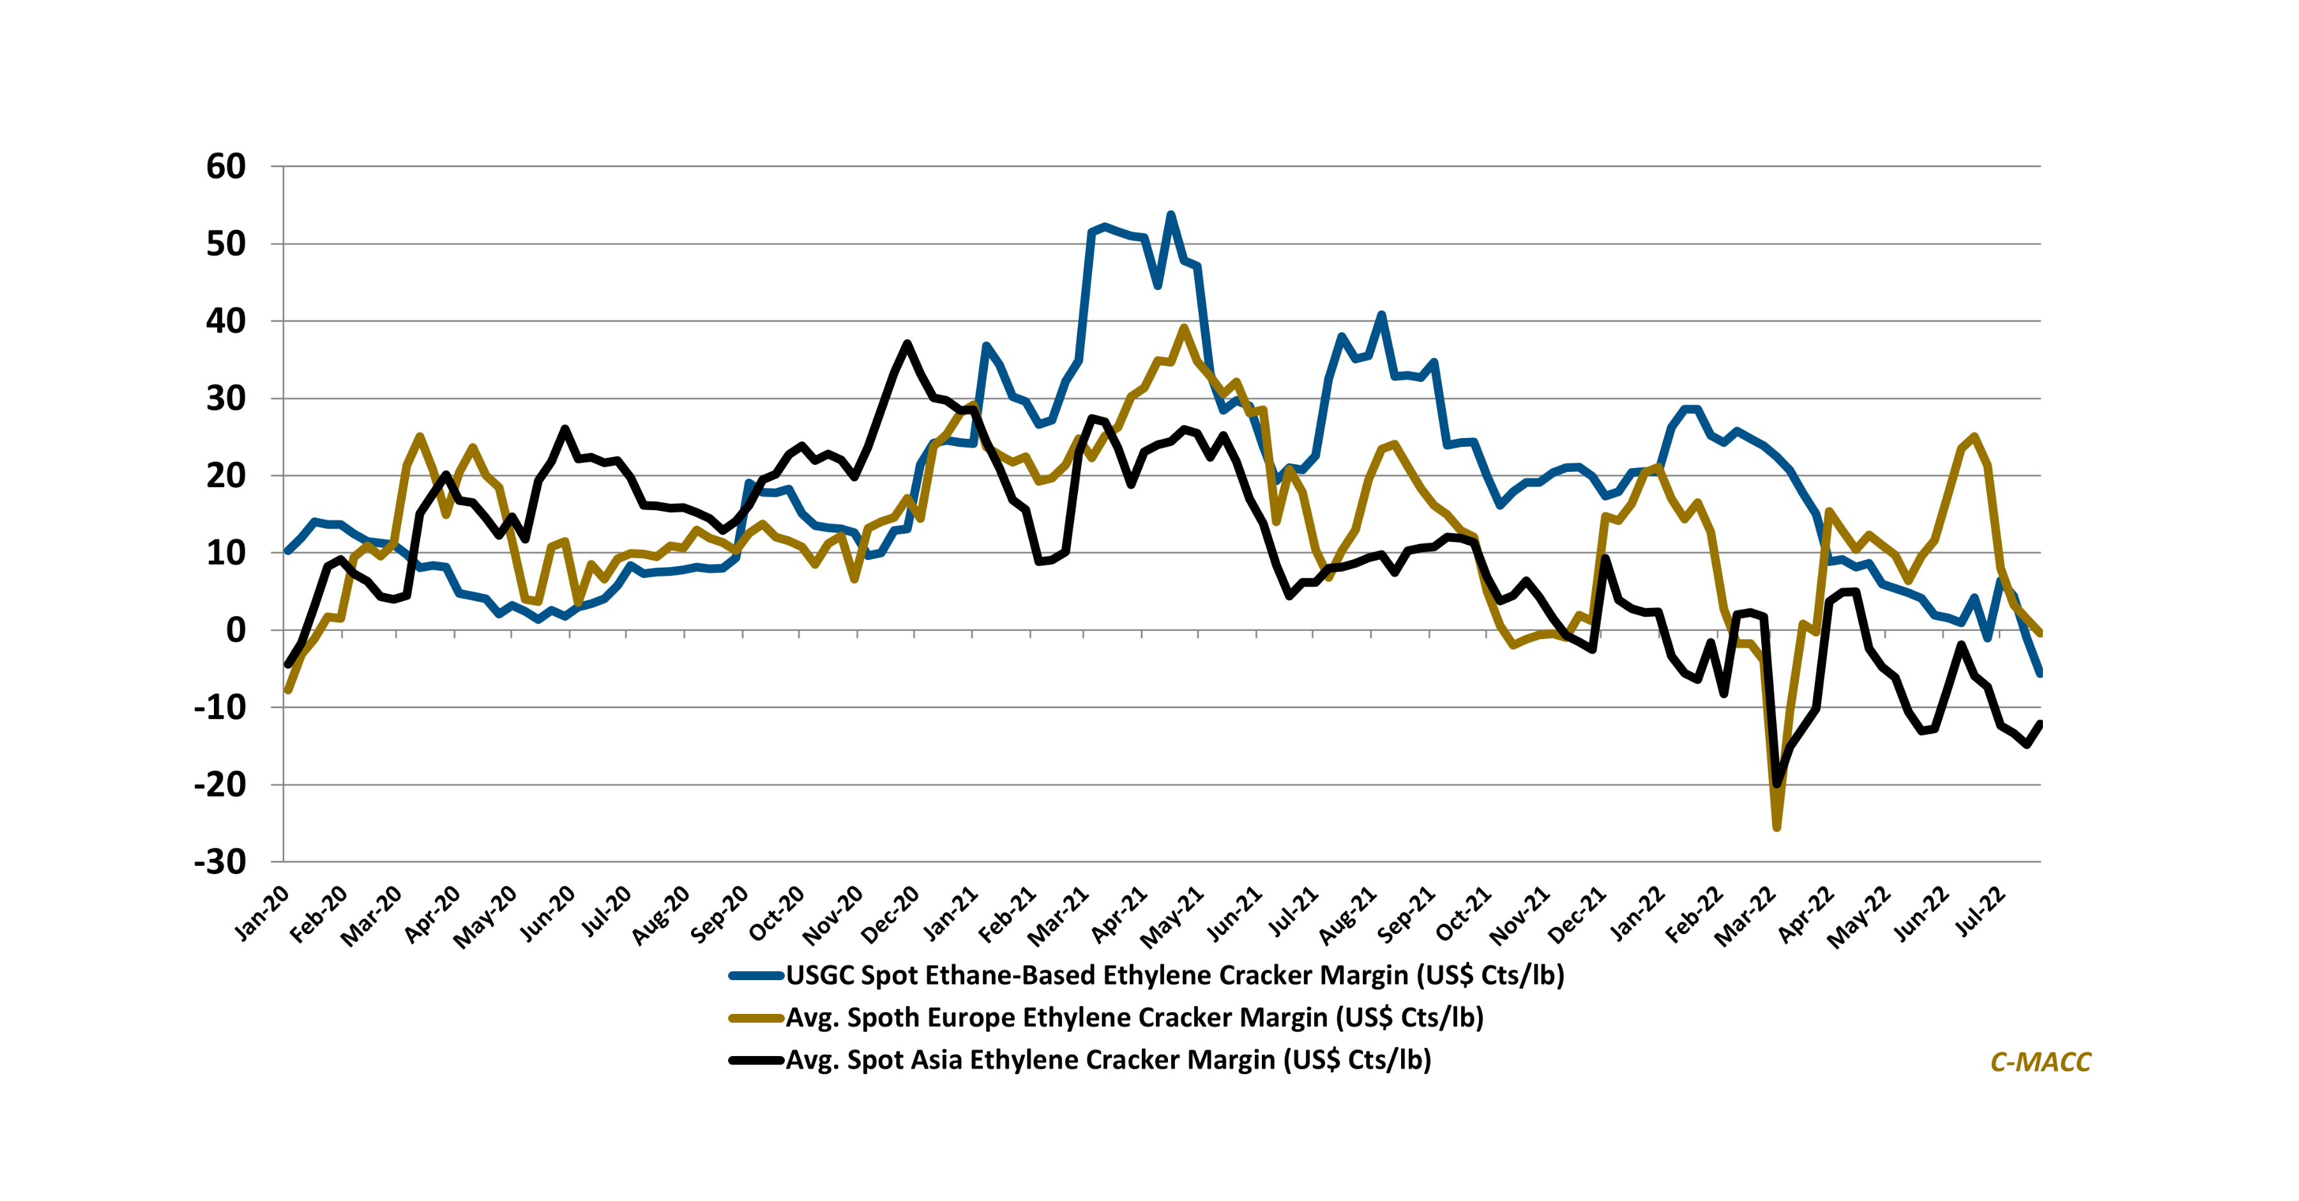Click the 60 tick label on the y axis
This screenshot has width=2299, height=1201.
(226, 167)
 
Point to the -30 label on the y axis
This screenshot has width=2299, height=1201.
(220, 862)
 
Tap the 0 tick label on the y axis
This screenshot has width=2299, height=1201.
(236, 630)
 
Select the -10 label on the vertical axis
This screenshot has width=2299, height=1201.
(220, 707)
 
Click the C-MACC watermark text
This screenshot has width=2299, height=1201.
(2040, 1062)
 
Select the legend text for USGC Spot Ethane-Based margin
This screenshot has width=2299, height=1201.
(1174, 975)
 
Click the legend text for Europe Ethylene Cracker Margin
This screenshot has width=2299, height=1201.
(1134, 1018)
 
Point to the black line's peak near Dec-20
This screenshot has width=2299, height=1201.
(907, 343)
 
